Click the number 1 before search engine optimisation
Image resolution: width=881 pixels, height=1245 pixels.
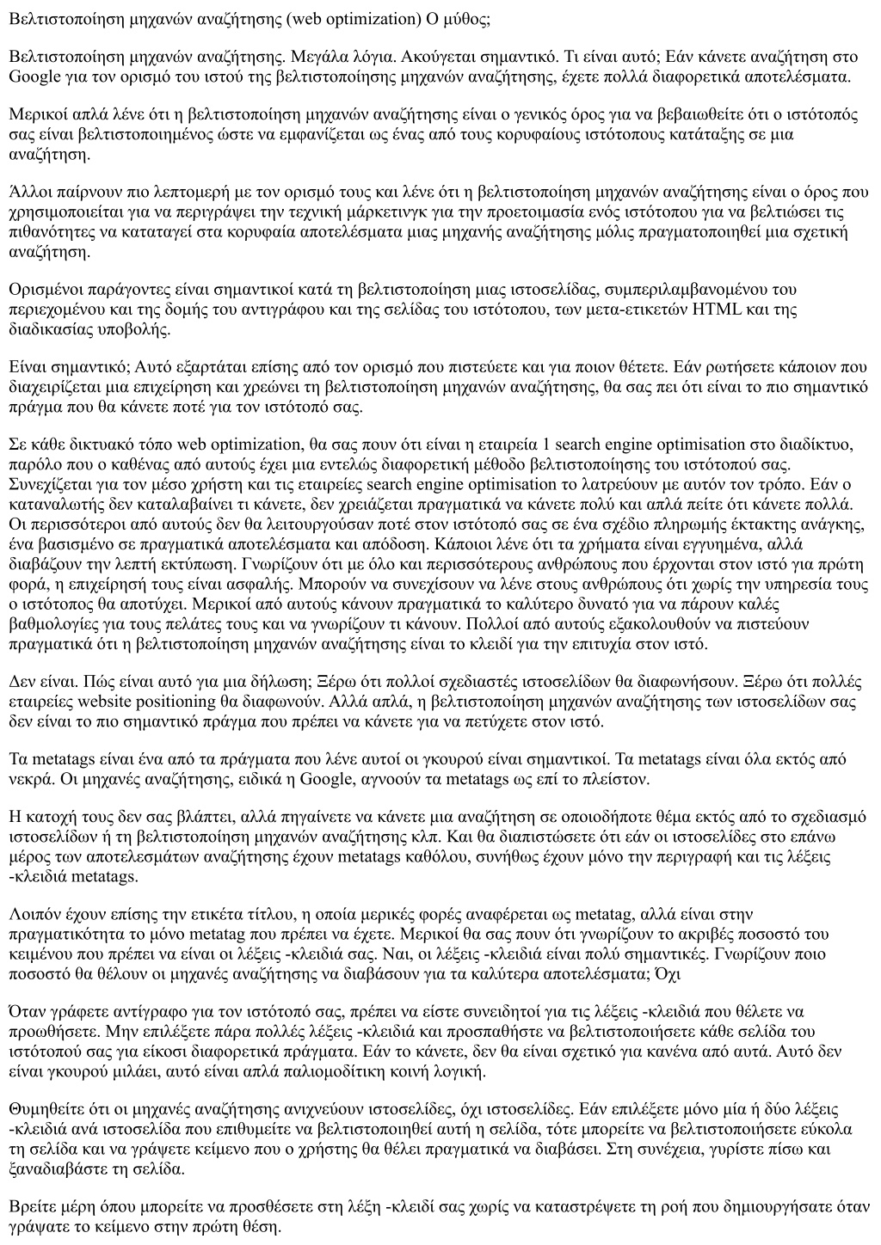(x=538, y=445)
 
